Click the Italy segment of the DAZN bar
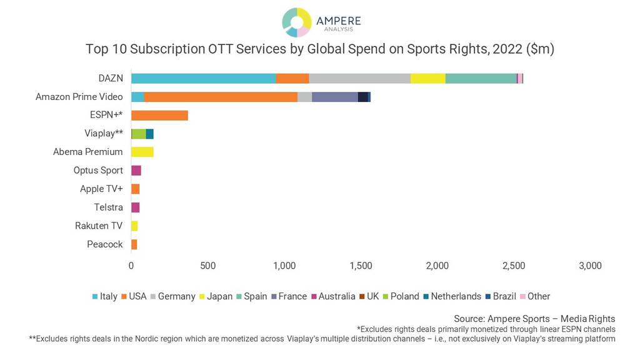pos(203,78)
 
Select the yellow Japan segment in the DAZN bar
pos(427,78)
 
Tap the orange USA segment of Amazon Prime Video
pos(221,97)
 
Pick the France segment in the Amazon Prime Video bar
pos(334,97)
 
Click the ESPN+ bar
pos(159,115)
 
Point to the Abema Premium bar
pos(142,152)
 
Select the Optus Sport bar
pos(136,171)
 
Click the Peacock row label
pos(105,244)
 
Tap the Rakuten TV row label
pos(99,226)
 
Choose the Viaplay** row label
pos(104,133)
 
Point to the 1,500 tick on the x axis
pos(361,266)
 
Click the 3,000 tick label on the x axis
pos(590,266)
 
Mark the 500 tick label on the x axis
pos(207,266)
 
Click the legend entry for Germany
pos(176,296)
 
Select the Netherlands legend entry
pos(456,296)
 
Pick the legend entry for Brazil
pos(504,296)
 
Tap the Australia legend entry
pos(336,296)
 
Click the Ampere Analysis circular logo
pos(296,22)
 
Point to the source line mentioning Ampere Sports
pos(534,319)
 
